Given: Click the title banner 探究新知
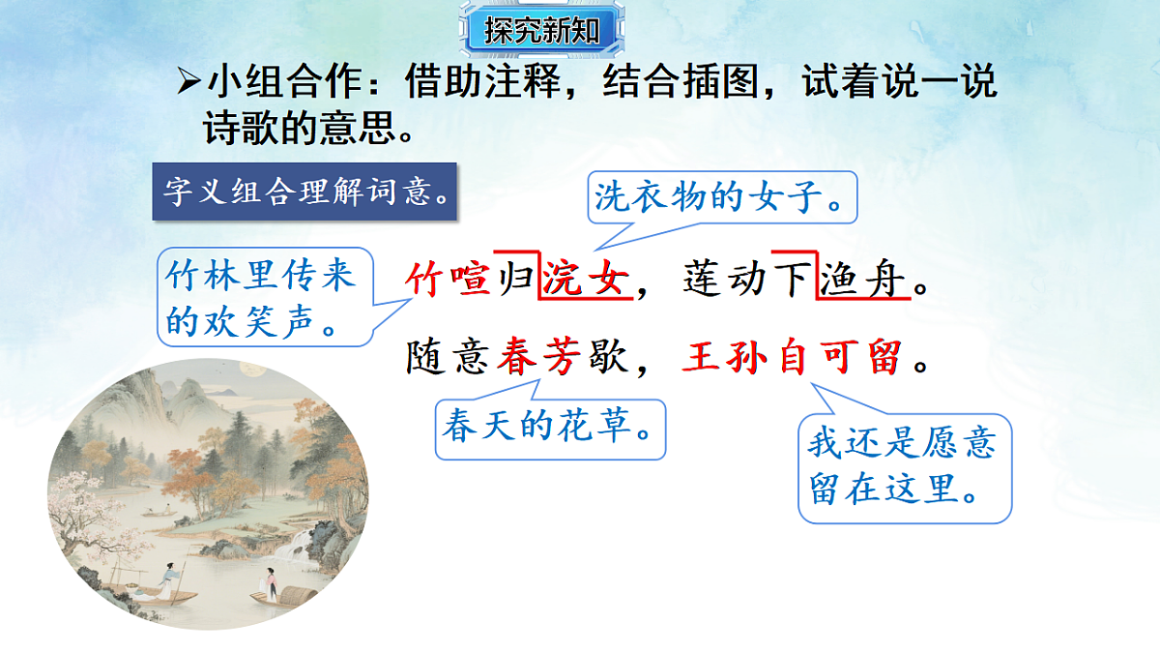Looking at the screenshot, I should click(542, 31).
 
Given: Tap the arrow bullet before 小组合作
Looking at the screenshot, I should click(188, 84).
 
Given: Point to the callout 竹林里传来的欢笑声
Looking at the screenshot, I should click(261, 296).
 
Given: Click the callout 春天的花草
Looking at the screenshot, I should click(550, 427).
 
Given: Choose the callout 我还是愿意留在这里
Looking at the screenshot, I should click(903, 466).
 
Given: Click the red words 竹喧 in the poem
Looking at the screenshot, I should click(448, 282).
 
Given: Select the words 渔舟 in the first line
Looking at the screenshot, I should click(863, 282).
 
